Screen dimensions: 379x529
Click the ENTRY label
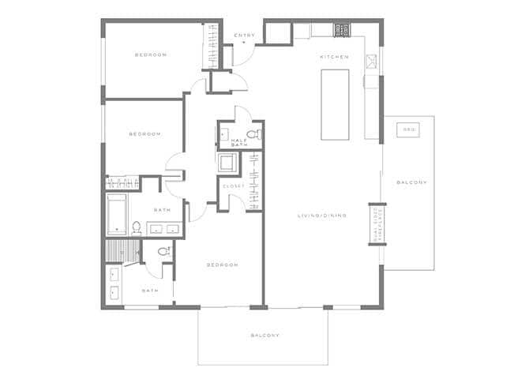(x=244, y=35)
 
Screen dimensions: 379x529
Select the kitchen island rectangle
(x=335, y=104)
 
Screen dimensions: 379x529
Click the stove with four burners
(x=341, y=30)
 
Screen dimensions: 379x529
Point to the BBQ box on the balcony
(x=408, y=129)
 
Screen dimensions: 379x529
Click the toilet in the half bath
(x=252, y=133)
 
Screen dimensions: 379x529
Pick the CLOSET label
(x=233, y=186)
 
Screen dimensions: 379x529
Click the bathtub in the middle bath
(x=118, y=215)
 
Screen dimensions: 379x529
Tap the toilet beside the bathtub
(x=136, y=228)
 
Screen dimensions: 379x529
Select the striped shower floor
(x=120, y=251)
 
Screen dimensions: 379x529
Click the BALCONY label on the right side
(x=411, y=182)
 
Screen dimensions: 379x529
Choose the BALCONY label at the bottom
(x=264, y=335)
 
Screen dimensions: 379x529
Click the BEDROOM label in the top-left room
(x=150, y=54)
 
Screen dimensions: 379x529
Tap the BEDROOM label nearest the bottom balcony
(x=222, y=265)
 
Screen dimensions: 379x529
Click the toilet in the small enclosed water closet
(x=163, y=252)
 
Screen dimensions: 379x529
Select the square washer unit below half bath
(x=229, y=164)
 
